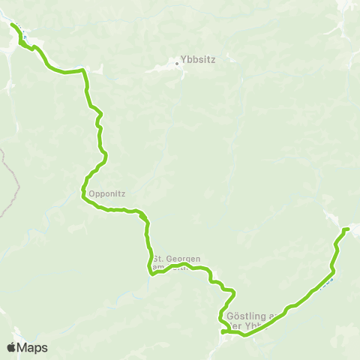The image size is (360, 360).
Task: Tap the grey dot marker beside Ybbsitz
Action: [x=178, y=64]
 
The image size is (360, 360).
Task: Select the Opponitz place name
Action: [x=110, y=193]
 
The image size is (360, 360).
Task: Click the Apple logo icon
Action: [x=12, y=347]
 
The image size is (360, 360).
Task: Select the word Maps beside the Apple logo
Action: [x=33, y=347]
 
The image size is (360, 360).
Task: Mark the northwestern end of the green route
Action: [x=12, y=25]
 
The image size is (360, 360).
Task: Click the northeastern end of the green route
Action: [x=347, y=229]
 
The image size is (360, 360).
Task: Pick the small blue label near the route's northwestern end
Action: [x=23, y=33]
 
